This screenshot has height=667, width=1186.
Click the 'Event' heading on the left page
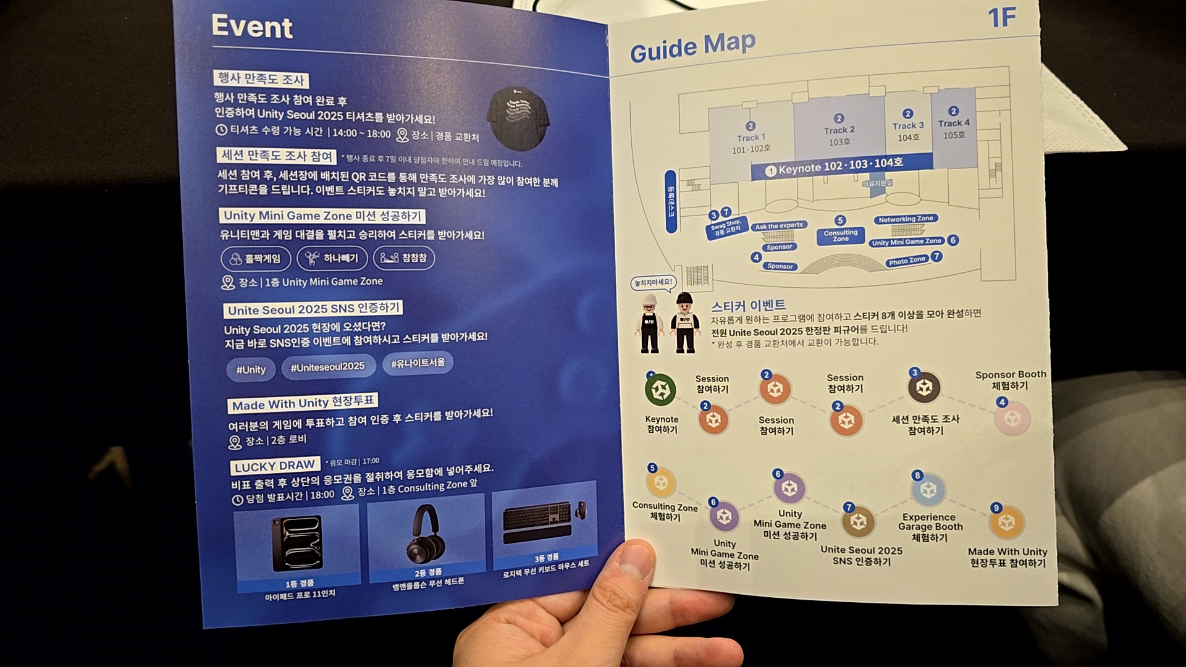pyautogui.click(x=252, y=27)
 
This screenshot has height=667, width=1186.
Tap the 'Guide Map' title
pyautogui.click(x=692, y=47)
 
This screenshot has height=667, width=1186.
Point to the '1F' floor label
pyautogui.click(x=1001, y=18)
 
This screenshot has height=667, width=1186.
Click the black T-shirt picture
pyautogui.click(x=518, y=118)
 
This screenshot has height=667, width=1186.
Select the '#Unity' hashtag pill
pyautogui.click(x=251, y=369)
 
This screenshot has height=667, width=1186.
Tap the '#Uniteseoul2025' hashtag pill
pyautogui.click(x=327, y=367)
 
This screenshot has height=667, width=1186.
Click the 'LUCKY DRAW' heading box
pyautogui.click(x=275, y=466)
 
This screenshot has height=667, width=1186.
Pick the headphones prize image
pyautogui.click(x=427, y=534)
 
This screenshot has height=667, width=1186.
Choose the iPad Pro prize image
pyautogui.click(x=297, y=543)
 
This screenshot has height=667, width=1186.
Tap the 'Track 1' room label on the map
pyautogui.click(x=751, y=138)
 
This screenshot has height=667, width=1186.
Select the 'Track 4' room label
pyautogui.click(x=954, y=123)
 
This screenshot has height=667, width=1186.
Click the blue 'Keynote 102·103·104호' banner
pyautogui.click(x=841, y=166)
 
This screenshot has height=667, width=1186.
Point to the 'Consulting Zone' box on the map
pyautogui.click(x=840, y=235)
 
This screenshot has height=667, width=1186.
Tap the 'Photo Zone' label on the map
pyautogui.click(x=907, y=261)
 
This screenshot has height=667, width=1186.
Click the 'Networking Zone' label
pyautogui.click(x=906, y=219)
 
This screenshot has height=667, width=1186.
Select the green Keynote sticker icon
pyautogui.click(x=660, y=390)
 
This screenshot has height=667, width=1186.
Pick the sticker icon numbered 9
pyautogui.click(x=1006, y=522)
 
